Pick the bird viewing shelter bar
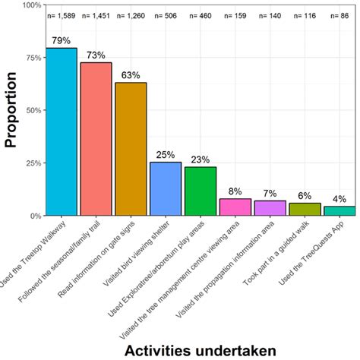point(165,189)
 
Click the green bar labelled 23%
point(200,191)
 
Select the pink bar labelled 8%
point(235,207)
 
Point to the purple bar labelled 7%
point(270,208)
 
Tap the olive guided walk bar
point(305,210)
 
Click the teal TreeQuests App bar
point(339,211)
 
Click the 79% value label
point(61,40)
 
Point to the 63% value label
point(131,75)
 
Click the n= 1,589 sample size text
point(61,15)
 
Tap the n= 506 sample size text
point(165,15)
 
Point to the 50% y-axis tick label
point(31,111)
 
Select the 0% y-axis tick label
point(33,216)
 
